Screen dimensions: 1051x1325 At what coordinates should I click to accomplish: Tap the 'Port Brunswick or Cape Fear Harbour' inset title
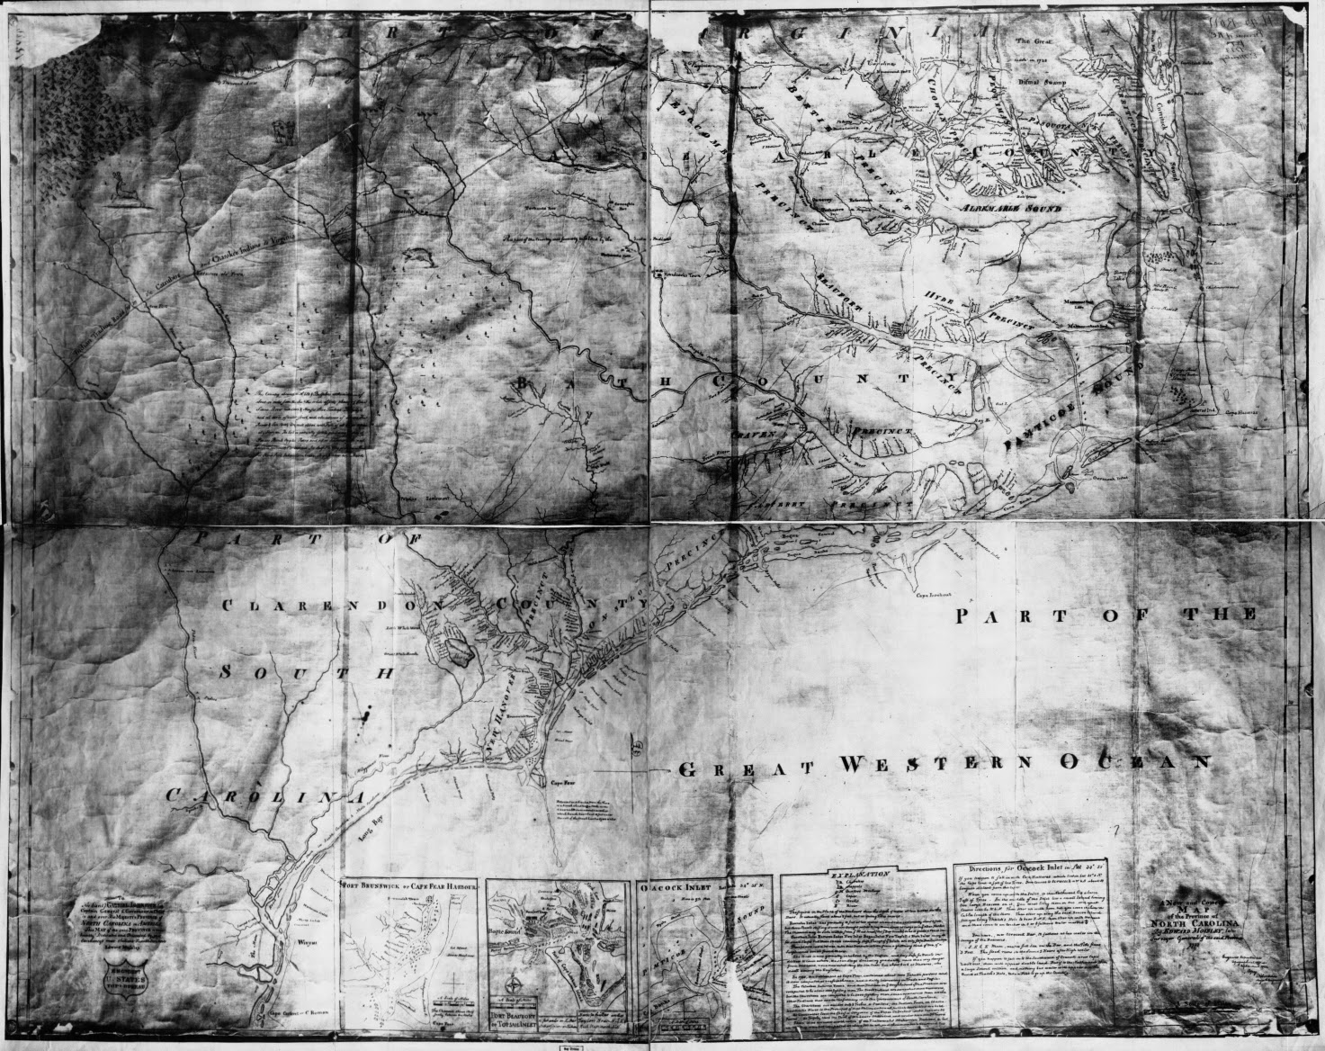(413, 885)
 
